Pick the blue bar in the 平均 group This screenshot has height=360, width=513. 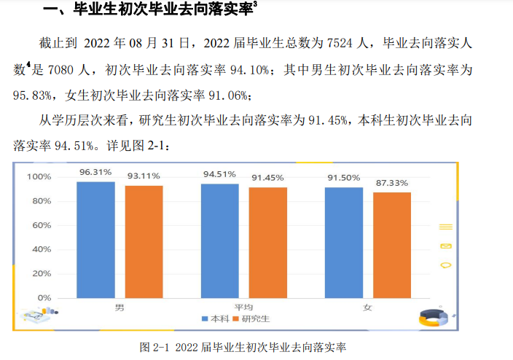tap(219, 240)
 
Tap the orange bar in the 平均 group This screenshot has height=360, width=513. tap(267, 243)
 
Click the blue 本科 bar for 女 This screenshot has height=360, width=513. tap(344, 243)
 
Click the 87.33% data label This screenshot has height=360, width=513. tap(391, 183)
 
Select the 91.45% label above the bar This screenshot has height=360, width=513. tap(267, 178)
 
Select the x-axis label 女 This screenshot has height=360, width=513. tap(367, 307)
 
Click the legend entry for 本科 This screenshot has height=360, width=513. tap(216, 318)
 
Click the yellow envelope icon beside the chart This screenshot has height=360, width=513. tap(446, 246)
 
